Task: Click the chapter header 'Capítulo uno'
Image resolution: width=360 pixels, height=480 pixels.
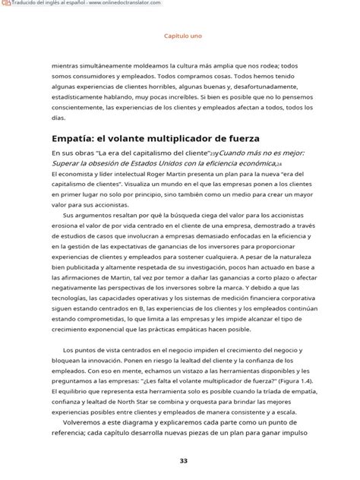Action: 182,35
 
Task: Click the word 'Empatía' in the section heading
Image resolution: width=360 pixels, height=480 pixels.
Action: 75,138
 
